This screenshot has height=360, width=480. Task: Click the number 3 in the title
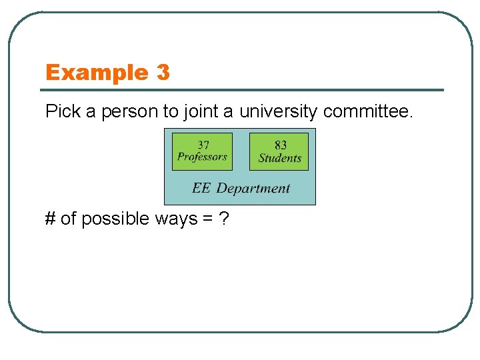[x=163, y=72]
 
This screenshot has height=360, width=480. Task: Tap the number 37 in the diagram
[x=202, y=144]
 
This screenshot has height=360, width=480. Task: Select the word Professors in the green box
[x=202, y=157]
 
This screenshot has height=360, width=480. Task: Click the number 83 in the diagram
[x=280, y=145]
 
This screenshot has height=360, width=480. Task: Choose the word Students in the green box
[x=280, y=158]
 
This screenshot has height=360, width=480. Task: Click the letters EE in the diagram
[x=201, y=188]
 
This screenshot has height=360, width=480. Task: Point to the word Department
[x=253, y=189]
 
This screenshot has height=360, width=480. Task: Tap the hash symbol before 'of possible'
[x=51, y=219]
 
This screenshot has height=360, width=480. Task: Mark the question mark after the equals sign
[x=223, y=219]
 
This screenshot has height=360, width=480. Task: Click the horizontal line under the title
[x=244, y=90]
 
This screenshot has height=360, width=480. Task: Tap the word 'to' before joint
[x=169, y=111]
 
